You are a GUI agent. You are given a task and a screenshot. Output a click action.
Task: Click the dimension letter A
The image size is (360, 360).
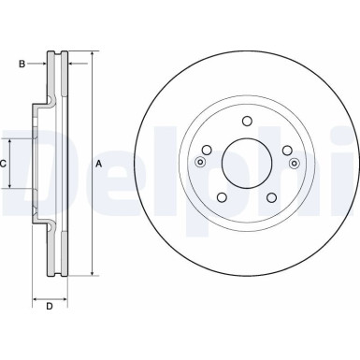click(98, 165)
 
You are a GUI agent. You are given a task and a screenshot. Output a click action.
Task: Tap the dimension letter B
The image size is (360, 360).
click(21, 64)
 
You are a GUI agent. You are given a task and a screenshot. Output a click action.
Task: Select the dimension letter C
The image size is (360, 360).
click(5, 164)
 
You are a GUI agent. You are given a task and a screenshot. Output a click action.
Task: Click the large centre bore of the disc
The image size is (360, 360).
click(246, 164)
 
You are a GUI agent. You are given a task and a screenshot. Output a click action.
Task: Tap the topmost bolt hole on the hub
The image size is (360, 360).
click(246, 121)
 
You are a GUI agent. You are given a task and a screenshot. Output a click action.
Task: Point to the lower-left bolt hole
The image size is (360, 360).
click(222, 197)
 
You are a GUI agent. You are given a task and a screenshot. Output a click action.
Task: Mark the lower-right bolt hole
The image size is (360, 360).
click(271, 197)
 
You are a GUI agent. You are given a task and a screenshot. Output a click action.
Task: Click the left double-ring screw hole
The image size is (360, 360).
click(199, 164)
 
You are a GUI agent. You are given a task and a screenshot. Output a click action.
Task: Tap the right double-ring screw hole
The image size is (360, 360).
click(294, 164)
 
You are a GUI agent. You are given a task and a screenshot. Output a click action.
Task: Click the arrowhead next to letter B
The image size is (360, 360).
click(44, 64)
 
